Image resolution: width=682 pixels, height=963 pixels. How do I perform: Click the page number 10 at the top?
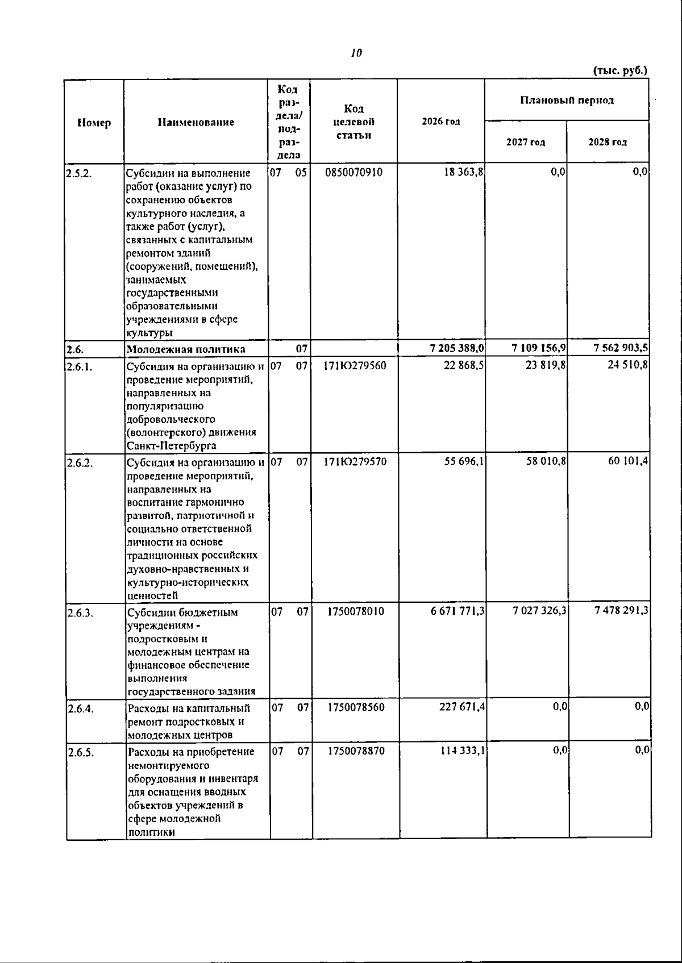356,53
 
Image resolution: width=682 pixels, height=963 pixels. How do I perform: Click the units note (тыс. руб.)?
620,71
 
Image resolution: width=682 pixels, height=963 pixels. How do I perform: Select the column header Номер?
94,122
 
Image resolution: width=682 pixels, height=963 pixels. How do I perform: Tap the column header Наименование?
196,122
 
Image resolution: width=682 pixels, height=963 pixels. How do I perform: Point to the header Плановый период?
567,101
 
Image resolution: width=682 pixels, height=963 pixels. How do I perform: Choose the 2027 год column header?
526,143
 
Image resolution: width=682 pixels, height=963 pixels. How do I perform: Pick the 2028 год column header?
608,143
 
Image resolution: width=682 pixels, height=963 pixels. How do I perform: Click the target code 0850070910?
354,172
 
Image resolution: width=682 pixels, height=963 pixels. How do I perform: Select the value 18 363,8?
464,172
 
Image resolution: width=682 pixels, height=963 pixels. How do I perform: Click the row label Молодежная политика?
186,349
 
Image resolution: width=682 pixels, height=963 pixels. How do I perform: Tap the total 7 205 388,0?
458,348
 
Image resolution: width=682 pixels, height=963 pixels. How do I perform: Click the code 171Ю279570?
355,462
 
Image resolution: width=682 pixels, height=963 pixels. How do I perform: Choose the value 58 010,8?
546,461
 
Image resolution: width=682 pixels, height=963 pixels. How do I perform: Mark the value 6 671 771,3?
458,611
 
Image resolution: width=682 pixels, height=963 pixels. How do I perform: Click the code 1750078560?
356,707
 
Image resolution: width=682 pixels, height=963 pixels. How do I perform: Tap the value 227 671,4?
462,707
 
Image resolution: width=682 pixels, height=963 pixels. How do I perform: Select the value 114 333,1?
462,751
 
